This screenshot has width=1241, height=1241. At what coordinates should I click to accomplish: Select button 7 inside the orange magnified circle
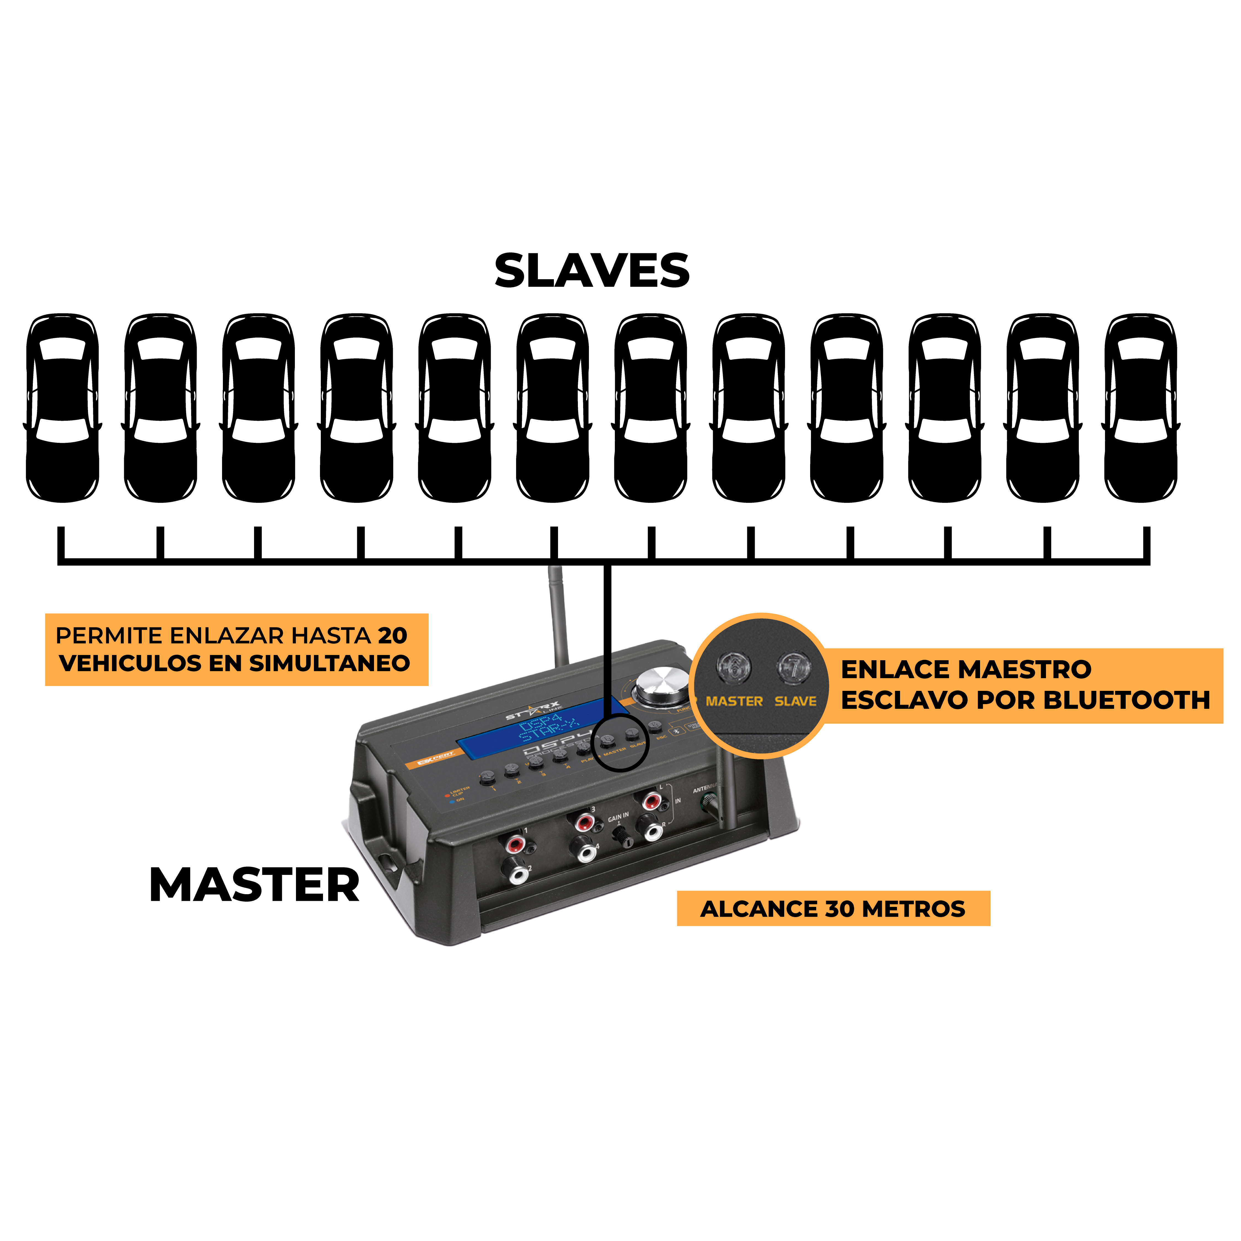tap(795, 668)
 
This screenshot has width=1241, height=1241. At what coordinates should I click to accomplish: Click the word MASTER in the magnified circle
tap(734, 701)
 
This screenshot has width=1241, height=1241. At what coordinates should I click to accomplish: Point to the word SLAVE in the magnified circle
tap(795, 701)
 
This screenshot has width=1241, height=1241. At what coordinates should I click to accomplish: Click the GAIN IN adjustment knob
tap(623, 836)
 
